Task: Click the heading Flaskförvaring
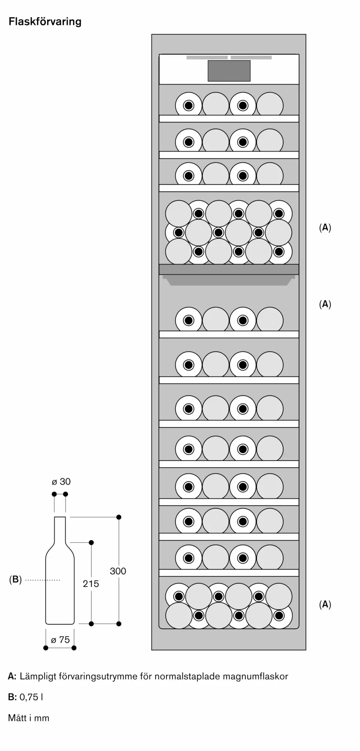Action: (45, 22)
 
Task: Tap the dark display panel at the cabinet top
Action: (229, 71)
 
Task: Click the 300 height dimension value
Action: (118, 571)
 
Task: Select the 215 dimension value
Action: (91, 584)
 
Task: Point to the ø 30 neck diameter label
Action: (61, 482)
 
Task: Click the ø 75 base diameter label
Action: (60, 640)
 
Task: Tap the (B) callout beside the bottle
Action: (15, 580)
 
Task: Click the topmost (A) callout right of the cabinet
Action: (325, 228)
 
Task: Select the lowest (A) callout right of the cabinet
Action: (325, 605)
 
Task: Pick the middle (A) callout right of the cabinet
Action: (325, 304)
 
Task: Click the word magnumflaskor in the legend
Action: (255, 677)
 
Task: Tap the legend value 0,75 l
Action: (31, 697)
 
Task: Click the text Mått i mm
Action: (29, 718)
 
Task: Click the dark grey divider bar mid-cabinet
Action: (229, 269)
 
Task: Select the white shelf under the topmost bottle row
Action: (229, 119)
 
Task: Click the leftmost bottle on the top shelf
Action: (188, 106)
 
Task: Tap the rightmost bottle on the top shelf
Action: (270, 105)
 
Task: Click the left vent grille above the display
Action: (207, 58)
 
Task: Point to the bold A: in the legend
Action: (12, 677)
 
